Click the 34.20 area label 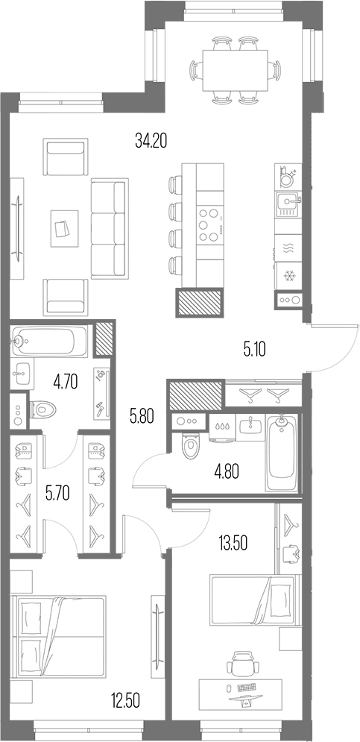[151, 139]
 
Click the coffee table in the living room [64, 227]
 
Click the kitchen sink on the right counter [286, 202]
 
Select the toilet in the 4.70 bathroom [45, 409]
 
